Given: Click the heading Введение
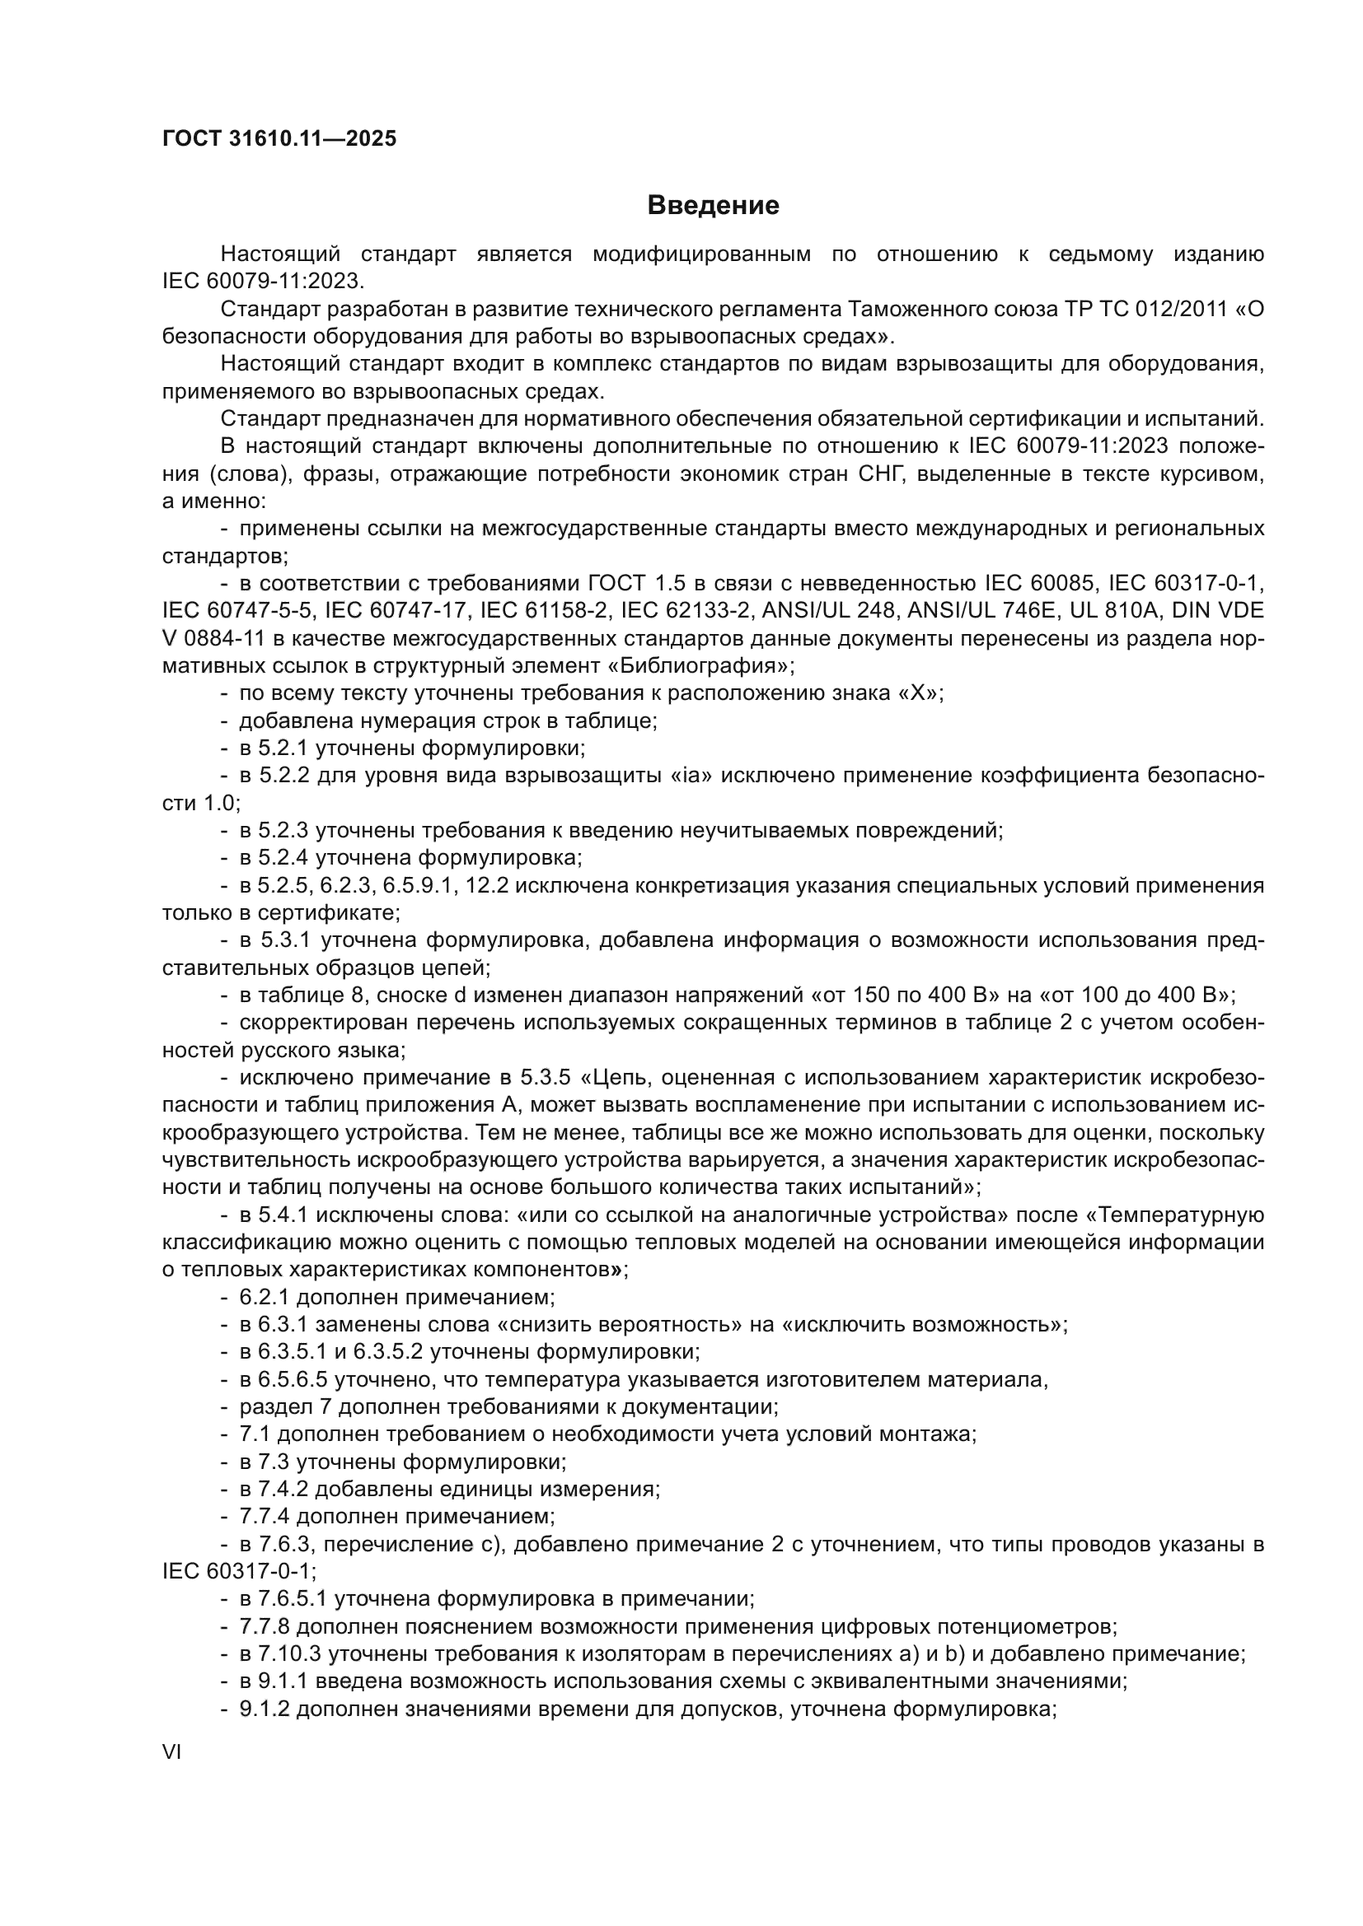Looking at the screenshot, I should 714,206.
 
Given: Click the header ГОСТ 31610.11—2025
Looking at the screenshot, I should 279,139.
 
